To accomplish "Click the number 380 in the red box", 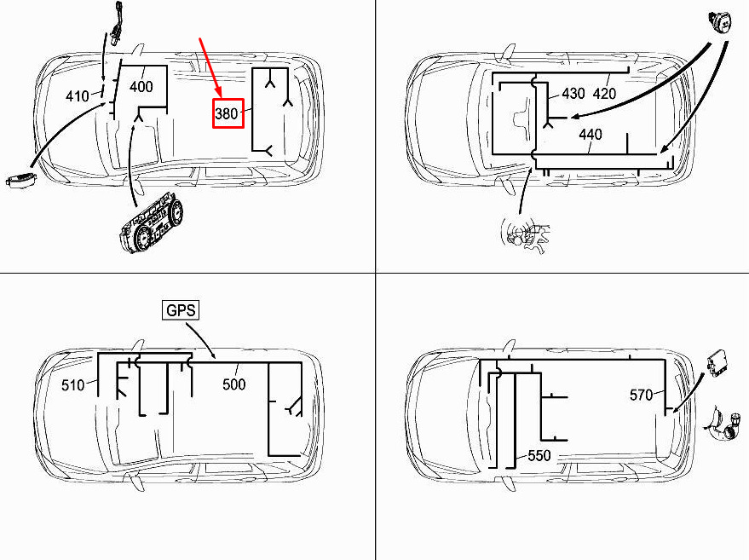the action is click(x=227, y=113).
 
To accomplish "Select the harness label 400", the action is click(x=141, y=86).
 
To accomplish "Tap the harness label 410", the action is click(x=78, y=96).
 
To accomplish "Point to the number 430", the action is click(x=573, y=93).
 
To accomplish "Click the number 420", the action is click(x=604, y=93).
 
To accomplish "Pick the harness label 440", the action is click(x=591, y=135).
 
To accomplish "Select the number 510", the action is click(x=73, y=384).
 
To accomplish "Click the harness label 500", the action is click(x=234, y=384).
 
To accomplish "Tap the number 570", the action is click(x=641, y=395).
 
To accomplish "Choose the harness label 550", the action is click(x=539, y=455).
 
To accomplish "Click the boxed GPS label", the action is click(x=181, y=310).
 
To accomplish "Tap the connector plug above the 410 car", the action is click(x=116, y=25).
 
